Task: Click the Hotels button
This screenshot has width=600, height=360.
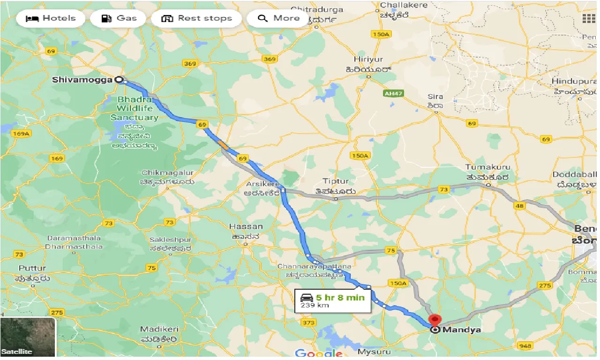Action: pyautogui.click(x=51, y=19)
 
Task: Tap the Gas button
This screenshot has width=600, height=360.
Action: pyautogui.click(x=120, y=19)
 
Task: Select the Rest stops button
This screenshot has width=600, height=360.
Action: pyautogui.click(x=196, y=19)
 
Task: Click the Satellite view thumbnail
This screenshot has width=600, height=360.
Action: pyautogui.click(x=28, y=337)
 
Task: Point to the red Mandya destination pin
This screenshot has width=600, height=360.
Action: pyautogui.click(x=435, y=321)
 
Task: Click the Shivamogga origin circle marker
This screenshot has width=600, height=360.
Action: pyautogui.click(x=119, y=80)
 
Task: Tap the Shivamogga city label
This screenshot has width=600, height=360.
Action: pyautogui.click(x=82, y=80)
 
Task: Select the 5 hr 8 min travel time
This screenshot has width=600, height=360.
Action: pyautogui.click(x=340, y=298)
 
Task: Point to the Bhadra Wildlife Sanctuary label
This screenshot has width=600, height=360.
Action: pyautogui.click(x=135, y=108)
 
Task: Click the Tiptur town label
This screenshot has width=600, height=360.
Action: pyautogui.click(x=336, y=181)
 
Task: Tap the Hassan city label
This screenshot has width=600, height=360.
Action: pyautogui.click(x=246, y=226)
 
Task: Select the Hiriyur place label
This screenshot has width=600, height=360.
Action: pyautogui.click(x=368, y=60)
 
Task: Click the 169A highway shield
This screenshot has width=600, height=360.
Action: pyautogui.click(x=21, y=134)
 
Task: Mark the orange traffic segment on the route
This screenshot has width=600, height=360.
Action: pyautogui.click(x=224, y=145)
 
